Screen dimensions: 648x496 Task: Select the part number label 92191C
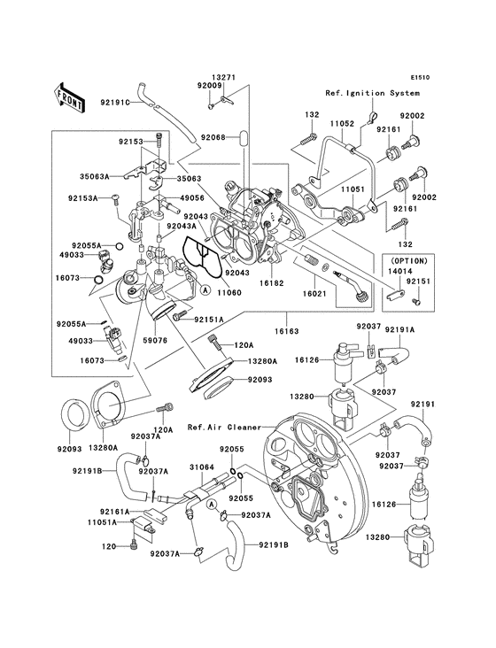pyautogui.click(x=114, y=103)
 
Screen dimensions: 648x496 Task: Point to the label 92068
pyautogui.click(x=213, y=137)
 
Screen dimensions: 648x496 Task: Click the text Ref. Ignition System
pyautogui.click(x=368, y=93)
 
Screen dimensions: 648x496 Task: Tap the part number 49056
pyautogui.click(x=194, y=199)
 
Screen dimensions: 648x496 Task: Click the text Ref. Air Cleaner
pyautogui.click(x=221, y=426)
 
